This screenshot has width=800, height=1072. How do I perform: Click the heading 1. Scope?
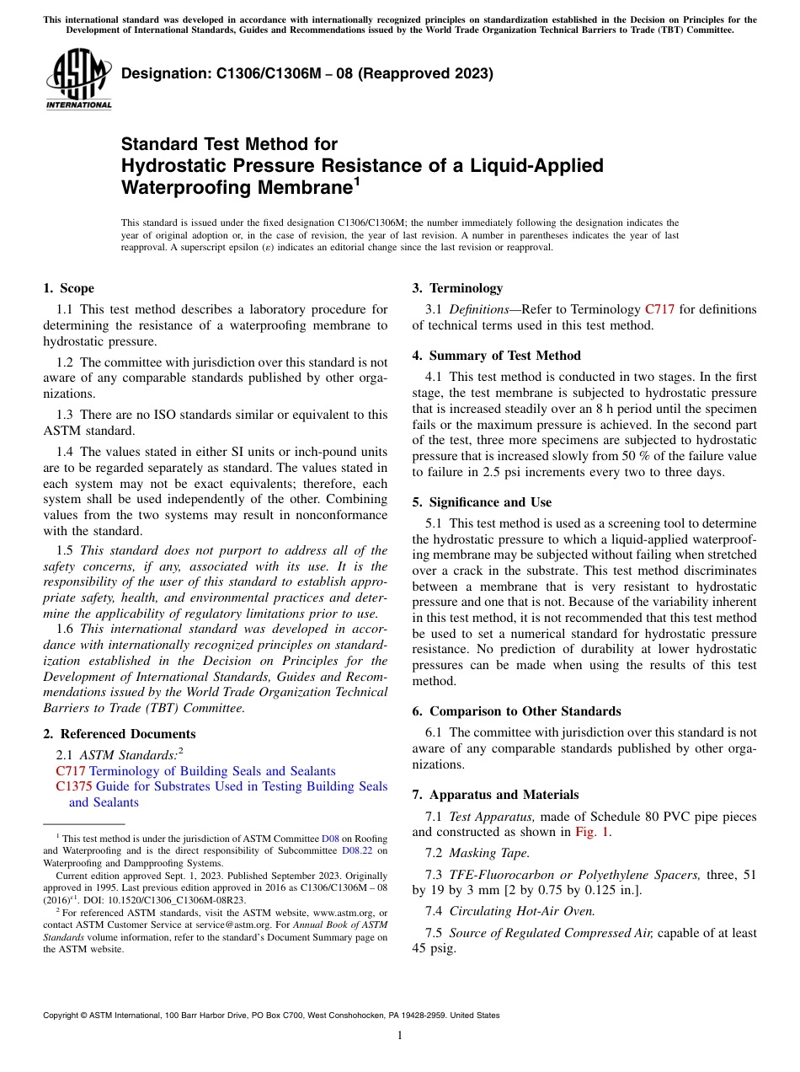coord(69,288)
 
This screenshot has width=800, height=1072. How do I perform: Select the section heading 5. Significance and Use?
coord(482,502)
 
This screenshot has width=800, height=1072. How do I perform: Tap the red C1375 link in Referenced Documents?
coord(74,786)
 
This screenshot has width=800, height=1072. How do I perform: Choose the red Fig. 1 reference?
coord(592,832)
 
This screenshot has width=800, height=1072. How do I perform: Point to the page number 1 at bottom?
coord(400,1035)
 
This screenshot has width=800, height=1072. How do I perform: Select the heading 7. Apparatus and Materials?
coord(495,795)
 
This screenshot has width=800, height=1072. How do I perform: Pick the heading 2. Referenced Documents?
coord(120,734)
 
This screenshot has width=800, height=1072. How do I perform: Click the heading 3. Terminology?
coord(457,288)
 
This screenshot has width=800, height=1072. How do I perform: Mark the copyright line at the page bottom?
coord(271,1016)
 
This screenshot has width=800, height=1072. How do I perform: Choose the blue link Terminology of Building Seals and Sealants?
coord(212,771)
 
